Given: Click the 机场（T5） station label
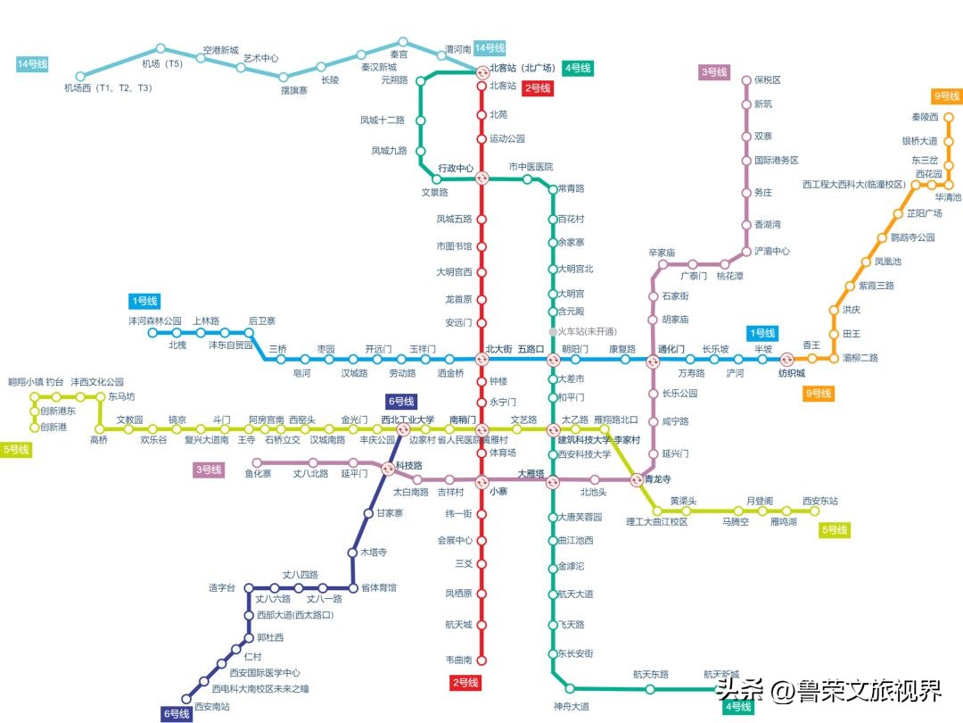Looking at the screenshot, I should (x=162, y=63).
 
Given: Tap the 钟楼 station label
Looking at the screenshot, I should (x=498, y=380).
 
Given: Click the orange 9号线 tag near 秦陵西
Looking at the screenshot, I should (x=946, y=96).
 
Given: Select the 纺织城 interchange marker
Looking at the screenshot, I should (x=787, y=360).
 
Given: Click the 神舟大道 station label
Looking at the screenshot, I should (x=571, y=707).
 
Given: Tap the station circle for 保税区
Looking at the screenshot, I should (x=746, y=80).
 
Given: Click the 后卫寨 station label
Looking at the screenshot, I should (x=262, y=320).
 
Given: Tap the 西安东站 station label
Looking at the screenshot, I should (x=820, y=501).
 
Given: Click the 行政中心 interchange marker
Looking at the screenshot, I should (x=481, y=178).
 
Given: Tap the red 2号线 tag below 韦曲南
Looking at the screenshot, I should (x=465, y=683).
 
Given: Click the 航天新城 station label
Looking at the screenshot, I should (x=721, y=675).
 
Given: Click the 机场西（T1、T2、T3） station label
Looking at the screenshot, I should (x=108, y=87).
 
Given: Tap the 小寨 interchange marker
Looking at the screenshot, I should (x=481, y=480).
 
